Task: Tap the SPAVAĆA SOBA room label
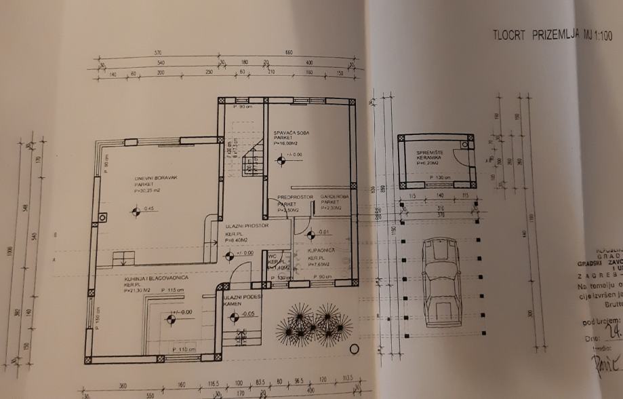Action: pos(291,134)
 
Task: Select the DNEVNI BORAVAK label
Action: pos(155,178)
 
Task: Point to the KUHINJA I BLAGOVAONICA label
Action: pos(145,278)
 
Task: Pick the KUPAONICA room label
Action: pos(319,250)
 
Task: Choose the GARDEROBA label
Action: pos(334,197)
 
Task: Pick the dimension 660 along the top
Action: pos(287,52)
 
